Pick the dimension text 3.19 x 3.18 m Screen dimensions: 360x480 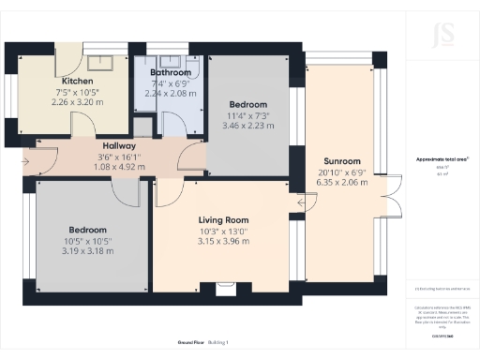click(87, 251)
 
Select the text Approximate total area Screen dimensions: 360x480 click(442, 158)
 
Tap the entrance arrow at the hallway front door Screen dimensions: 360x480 click(23, 159)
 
